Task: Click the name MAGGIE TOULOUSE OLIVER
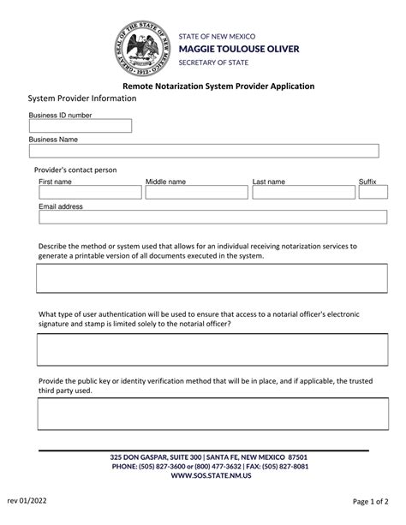(x=239, y=49)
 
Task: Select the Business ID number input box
(x=81, y=126)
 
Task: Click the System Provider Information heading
(x=82, y=98)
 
